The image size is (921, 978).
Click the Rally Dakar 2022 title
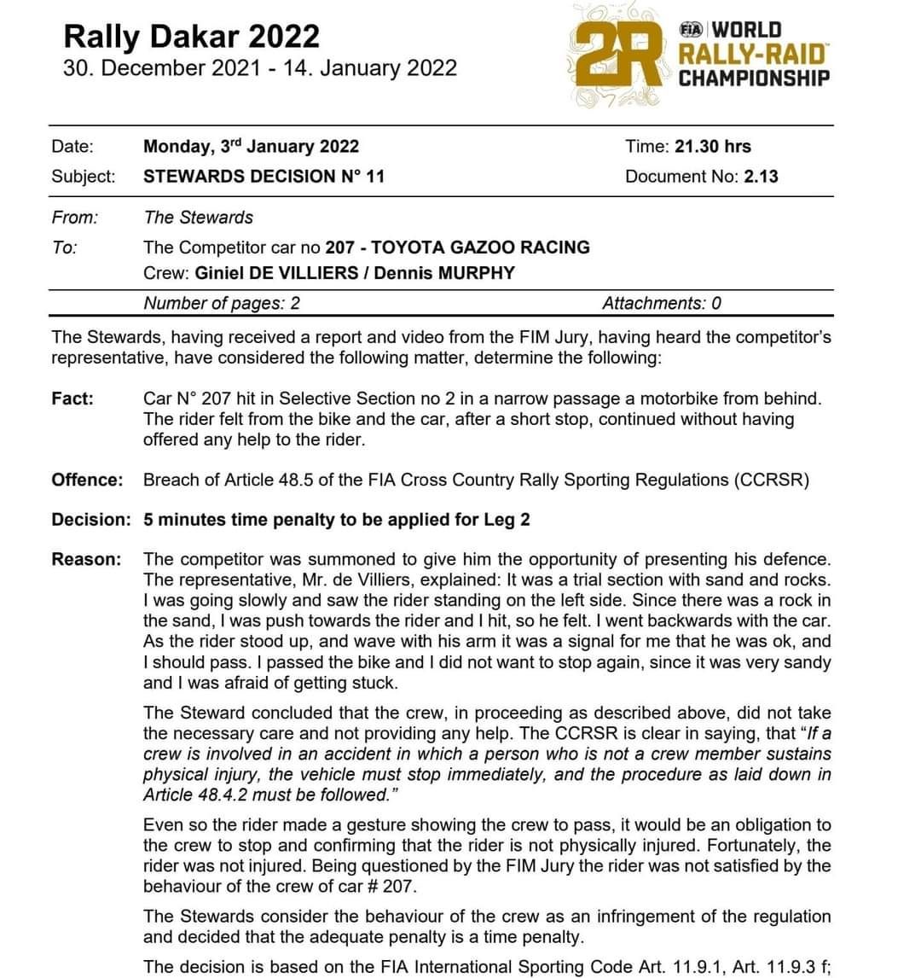191,36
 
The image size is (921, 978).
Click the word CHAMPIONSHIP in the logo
754,79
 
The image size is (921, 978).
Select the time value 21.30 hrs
712,146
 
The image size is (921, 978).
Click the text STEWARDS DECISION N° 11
264,177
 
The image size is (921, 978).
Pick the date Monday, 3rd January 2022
252,146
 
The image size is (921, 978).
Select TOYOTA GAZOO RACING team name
481,247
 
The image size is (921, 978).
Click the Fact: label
72,399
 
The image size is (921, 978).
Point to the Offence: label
87,480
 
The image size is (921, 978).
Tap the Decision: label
91,520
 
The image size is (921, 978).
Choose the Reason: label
86,560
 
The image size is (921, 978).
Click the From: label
74,218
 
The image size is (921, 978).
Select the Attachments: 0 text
661,303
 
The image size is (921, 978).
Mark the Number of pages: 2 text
222,303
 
